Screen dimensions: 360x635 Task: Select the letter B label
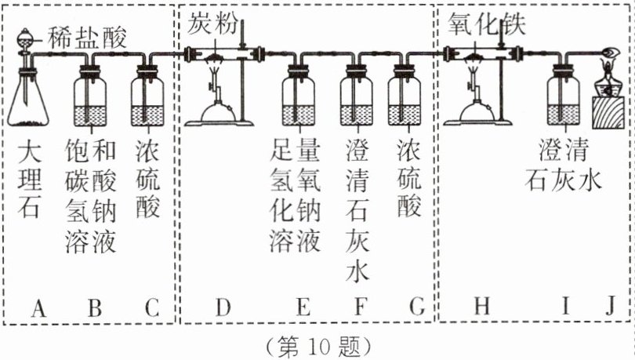click(x=93, y=309)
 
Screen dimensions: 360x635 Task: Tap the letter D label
click(x=223, y=309)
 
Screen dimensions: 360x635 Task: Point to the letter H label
click(x=481, y=309)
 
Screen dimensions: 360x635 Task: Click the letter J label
click(x=610, y=309)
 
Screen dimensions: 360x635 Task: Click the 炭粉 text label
click(x=212, y=24)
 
